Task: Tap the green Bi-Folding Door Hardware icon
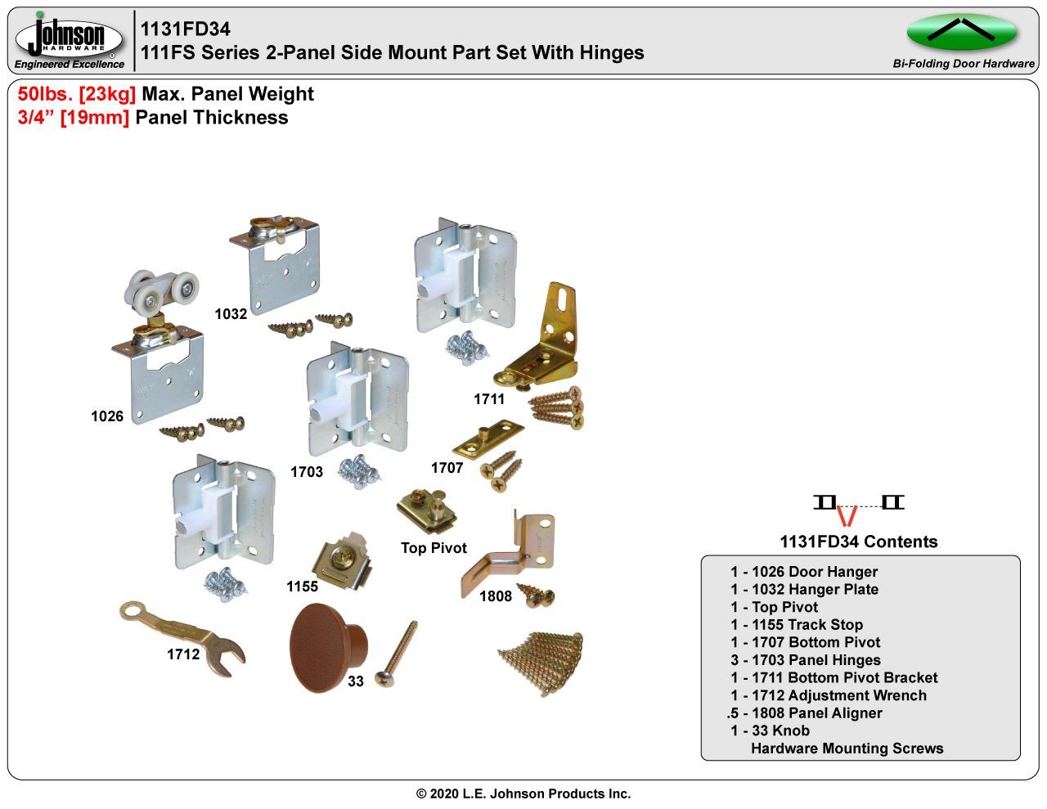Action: [x=962, y=32]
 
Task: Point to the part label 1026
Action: [x=107, y=416]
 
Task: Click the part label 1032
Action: [x=231, y=314]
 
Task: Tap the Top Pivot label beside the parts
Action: [x=434, y=548]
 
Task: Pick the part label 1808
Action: [x=496, y=596]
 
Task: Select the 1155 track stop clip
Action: [x=342, y=559]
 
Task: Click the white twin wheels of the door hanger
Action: [x=162, y=290]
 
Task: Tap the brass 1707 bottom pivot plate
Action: [x=488, y=440]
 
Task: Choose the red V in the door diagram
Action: [x=847, y=516]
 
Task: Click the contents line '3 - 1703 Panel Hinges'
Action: [x=805, y=660]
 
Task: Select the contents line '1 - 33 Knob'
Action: [x=770, y=730]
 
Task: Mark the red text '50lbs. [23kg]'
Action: [x=77, y=94]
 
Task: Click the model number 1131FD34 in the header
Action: [x=186, y=29]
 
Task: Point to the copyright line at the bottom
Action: [x=523, y=793]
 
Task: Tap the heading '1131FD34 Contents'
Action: [x=858, y=542]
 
